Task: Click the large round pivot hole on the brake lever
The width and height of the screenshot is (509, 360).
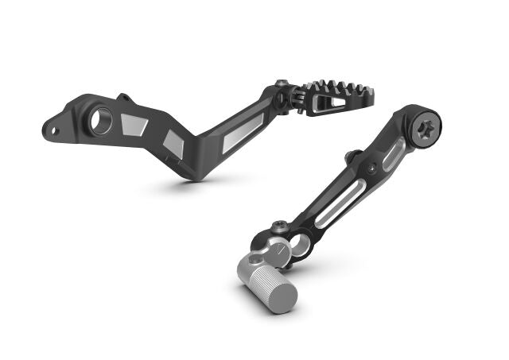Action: coord(100,122)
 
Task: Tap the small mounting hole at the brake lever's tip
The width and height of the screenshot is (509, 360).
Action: coord(53,126)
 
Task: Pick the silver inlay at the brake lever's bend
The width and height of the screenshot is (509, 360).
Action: coord(175,143)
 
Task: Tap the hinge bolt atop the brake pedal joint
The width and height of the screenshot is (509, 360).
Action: coord(284,82)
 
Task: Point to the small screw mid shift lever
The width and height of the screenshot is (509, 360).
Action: coord(372,168)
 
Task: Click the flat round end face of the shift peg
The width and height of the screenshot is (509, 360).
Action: coord(284,296)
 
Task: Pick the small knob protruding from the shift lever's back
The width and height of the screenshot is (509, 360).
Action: coord(348,153)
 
